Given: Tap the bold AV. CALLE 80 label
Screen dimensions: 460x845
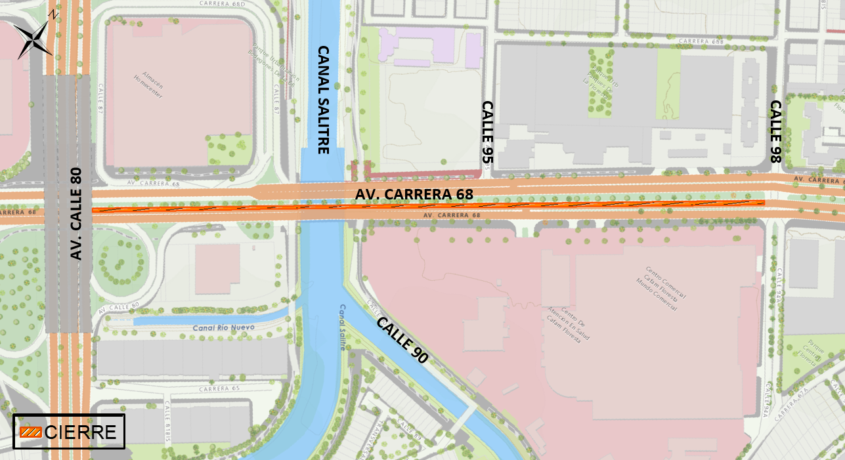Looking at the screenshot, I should (x=76, y=214).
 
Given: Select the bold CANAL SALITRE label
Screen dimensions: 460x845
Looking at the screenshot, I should (x=323, y=99).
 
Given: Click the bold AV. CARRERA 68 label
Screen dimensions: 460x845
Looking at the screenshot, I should (x=414, y=194).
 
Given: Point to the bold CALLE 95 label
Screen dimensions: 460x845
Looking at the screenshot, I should (x=487, y=133).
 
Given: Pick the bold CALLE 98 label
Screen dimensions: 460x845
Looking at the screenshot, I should (x=775, y=131).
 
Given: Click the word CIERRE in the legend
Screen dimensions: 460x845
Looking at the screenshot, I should (x=81, y=432).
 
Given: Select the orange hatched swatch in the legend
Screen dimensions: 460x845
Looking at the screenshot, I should (x=30, y=432).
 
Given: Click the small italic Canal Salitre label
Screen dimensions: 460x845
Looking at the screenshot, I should (x=342, y=327).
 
